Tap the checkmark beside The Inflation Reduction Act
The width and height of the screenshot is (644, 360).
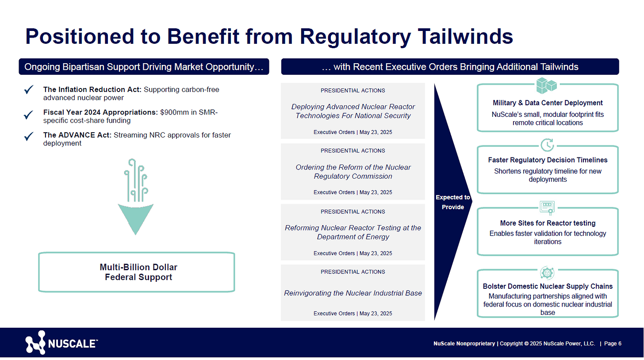tap(29, 90)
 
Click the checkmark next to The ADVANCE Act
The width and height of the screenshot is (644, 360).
tap(29, 136)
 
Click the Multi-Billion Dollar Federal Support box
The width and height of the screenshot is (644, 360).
tap(137, 272)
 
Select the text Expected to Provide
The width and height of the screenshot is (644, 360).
tap(452, 202)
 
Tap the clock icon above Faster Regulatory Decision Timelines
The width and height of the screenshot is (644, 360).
tap(547, 145)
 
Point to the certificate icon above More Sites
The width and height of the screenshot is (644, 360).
tap(547, 207)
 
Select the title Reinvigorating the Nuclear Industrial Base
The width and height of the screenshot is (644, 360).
tap(353, 293)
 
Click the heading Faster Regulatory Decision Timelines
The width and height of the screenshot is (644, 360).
tap(548, 160)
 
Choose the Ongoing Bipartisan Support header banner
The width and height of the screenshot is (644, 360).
tap(144, 67)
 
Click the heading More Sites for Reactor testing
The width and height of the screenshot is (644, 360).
tap(548, 223)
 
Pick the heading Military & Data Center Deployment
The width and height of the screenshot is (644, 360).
tap(548, 103)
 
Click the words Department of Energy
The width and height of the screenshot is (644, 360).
tap(353, 237)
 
